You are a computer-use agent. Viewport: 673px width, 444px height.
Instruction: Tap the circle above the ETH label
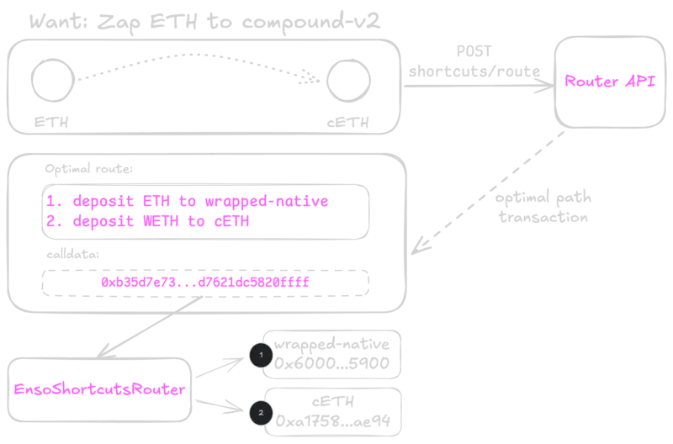(51, 81)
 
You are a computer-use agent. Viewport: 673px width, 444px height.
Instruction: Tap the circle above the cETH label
(349, 81)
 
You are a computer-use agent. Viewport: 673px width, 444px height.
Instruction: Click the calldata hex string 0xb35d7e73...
(204, 283)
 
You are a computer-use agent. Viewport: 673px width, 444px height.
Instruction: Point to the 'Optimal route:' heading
(88, 169)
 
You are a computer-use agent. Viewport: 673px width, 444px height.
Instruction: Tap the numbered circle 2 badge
(260, 412)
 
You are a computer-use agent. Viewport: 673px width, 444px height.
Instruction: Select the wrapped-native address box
(331, 354)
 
